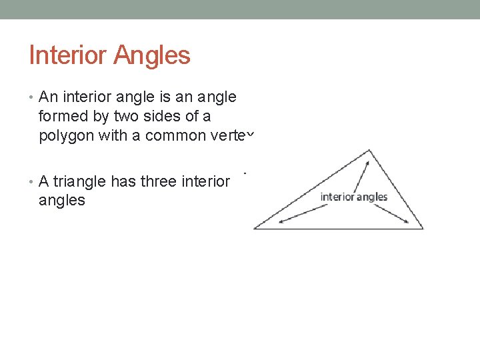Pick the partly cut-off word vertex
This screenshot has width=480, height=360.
(x=237, y=136)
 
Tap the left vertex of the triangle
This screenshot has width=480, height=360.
(x=255, y=229)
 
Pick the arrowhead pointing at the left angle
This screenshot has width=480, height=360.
(x=282, y=221)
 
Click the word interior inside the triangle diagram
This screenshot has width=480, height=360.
(x=338, y=197)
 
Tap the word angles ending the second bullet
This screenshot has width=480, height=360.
(x=62, y=200)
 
